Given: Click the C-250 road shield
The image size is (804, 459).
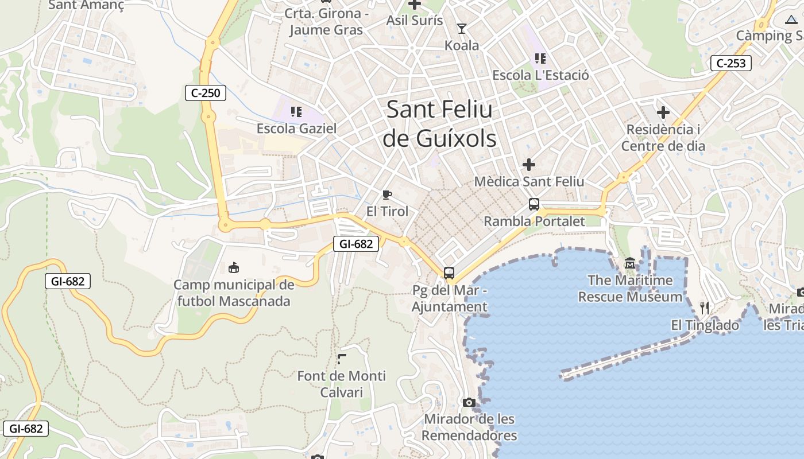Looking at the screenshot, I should click(x=205, y=92).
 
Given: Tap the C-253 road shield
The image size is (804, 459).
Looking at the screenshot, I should click(x=731, y=63).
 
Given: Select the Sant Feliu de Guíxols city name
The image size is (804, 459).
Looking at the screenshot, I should click(x=439, y=123).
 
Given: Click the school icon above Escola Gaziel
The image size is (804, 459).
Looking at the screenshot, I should click(x=296, y=111).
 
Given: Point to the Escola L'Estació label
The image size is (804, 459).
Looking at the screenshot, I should click(x=540, y=75).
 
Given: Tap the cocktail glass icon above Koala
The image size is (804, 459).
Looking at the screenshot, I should click(x=462, y=28).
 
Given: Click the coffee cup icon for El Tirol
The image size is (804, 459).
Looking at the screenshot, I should click(x=387, y=195).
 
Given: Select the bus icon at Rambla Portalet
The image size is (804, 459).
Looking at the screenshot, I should click(x=534, y=204).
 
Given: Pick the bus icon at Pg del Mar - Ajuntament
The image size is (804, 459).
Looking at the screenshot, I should click(x=449, y=273).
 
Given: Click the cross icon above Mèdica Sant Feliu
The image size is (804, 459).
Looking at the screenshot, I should click(x=529, y=165).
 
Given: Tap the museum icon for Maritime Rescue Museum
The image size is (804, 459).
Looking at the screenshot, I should click(x=630, y=264).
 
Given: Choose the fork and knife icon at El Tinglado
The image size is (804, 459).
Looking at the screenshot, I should click(x=705, y=308).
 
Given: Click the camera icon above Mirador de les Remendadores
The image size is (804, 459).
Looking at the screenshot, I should click(x=469, y=403).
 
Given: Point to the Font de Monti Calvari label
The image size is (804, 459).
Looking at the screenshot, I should click(x=342, y=384).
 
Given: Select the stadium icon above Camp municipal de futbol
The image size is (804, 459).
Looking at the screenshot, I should click(x=234, y=267).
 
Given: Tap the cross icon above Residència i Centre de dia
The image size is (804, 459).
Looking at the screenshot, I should click(x=663, y=112).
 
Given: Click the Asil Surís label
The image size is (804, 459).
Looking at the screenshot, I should click(x=415, y=21).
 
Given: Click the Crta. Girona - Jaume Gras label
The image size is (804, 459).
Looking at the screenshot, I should click(x=326, y=22).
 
